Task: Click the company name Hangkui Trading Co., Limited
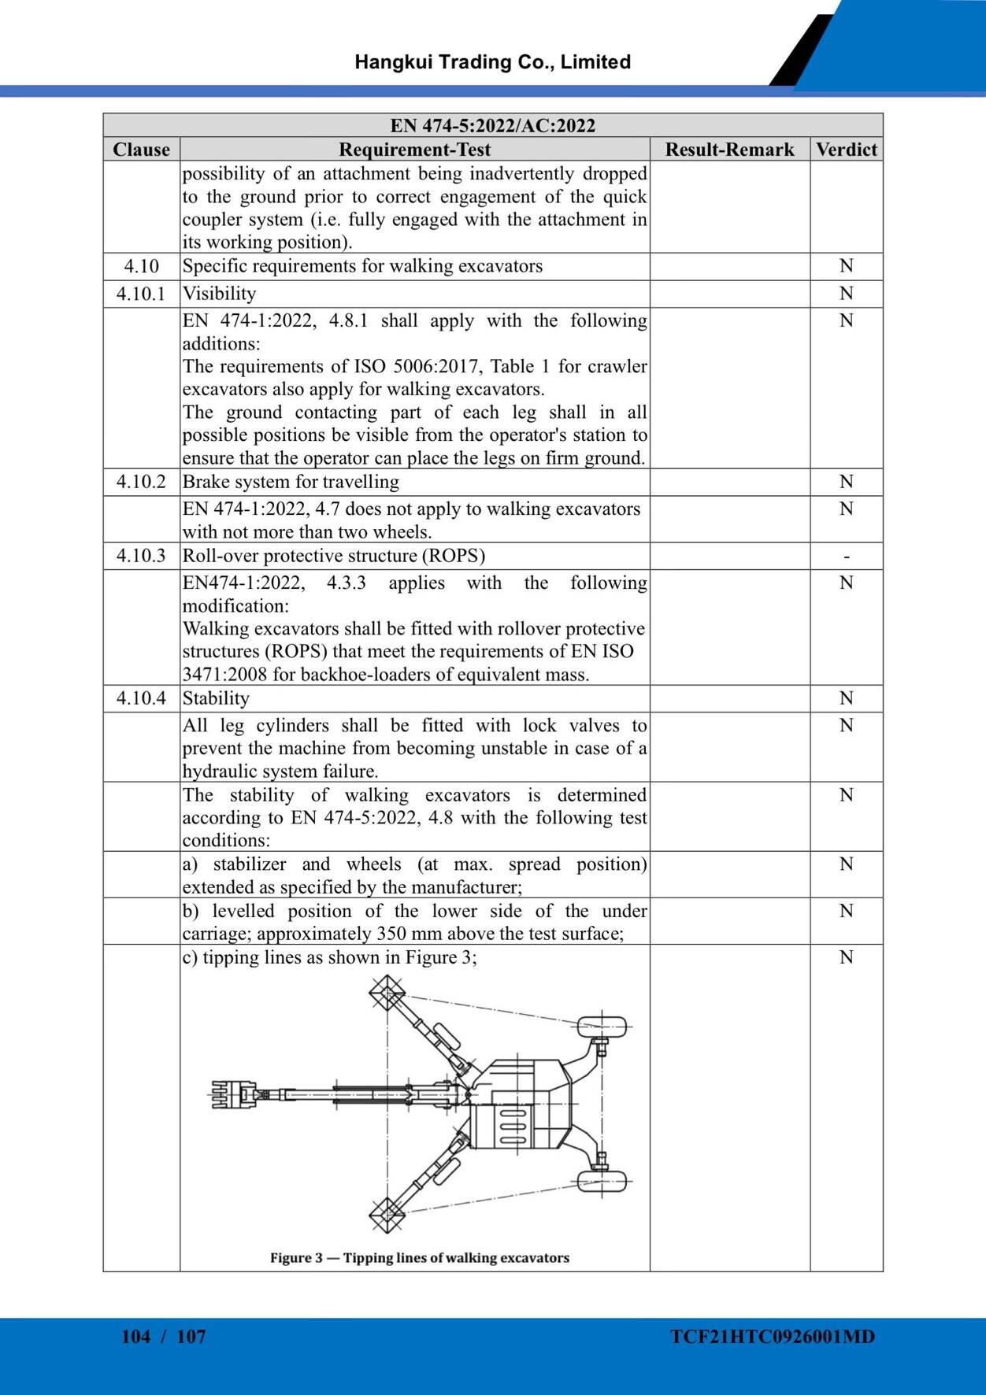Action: (492, 62)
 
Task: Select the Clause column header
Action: (141, 150)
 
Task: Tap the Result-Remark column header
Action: (729, 150)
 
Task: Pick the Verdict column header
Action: (846, 150)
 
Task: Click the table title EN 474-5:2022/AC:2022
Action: (492, 126)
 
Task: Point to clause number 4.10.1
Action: (141, 294)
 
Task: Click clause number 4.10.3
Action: (141, 556)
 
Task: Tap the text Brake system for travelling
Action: (291, 482)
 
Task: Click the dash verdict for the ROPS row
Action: (846, 557)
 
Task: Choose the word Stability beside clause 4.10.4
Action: (216, 698)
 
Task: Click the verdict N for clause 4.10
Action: (846, 266)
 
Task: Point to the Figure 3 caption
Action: (419, 1257)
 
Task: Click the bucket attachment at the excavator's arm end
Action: (233, 1094)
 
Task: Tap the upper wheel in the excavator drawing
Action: (602, 1027)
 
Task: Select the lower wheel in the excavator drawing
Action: (602, 1181)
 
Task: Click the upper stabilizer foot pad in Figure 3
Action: (387, 994)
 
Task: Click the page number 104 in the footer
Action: (135, 1336)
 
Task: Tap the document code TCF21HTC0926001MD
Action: (773, 1336)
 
